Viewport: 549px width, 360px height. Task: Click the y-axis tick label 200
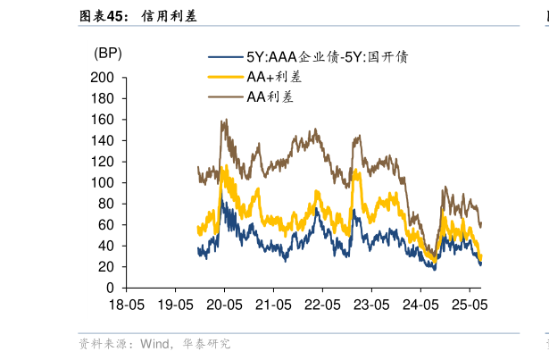pyautogui.click(x=104, y=78)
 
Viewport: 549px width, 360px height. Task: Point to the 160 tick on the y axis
pyautogui.click(x=104, y=120)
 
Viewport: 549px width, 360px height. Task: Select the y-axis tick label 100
pyautogui.click(x=104, y=183)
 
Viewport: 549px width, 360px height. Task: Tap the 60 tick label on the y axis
pyautogui.click(x=107, y=225)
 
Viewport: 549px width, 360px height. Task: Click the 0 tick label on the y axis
pyautogui.click(x=111, y=289)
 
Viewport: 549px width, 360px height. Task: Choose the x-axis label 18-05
pyautogui.click(x=126, y=305)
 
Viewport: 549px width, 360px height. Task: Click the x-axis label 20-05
pyautogui.click(x=224, y=305)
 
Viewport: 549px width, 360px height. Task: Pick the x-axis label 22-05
pyautogui.click(x=322, y=305)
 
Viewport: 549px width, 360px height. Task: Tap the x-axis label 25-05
pyautogui.click(x=470, y=305)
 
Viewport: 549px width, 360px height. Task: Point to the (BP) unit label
pyautogui.click(x=108, y=54)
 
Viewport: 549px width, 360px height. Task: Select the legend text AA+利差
pyautogui.click(x=275, y=77)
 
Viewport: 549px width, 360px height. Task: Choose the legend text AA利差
pyautogui.click(x=270, y=96)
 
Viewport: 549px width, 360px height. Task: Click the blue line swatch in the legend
pyautogui.click(x=226, y=57)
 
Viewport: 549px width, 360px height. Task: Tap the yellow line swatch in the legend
pyautogui.click(x=226, y=77)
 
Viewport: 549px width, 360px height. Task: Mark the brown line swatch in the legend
pyautogui.click(x=226, y=96)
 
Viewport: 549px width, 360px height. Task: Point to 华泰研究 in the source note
pyautogui.click(x=207, y=343)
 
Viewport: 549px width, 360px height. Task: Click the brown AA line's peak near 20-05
pyautogui.click(x=225, y=120)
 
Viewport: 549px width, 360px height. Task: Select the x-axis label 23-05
pyautogui.click(x=371, y=305)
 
